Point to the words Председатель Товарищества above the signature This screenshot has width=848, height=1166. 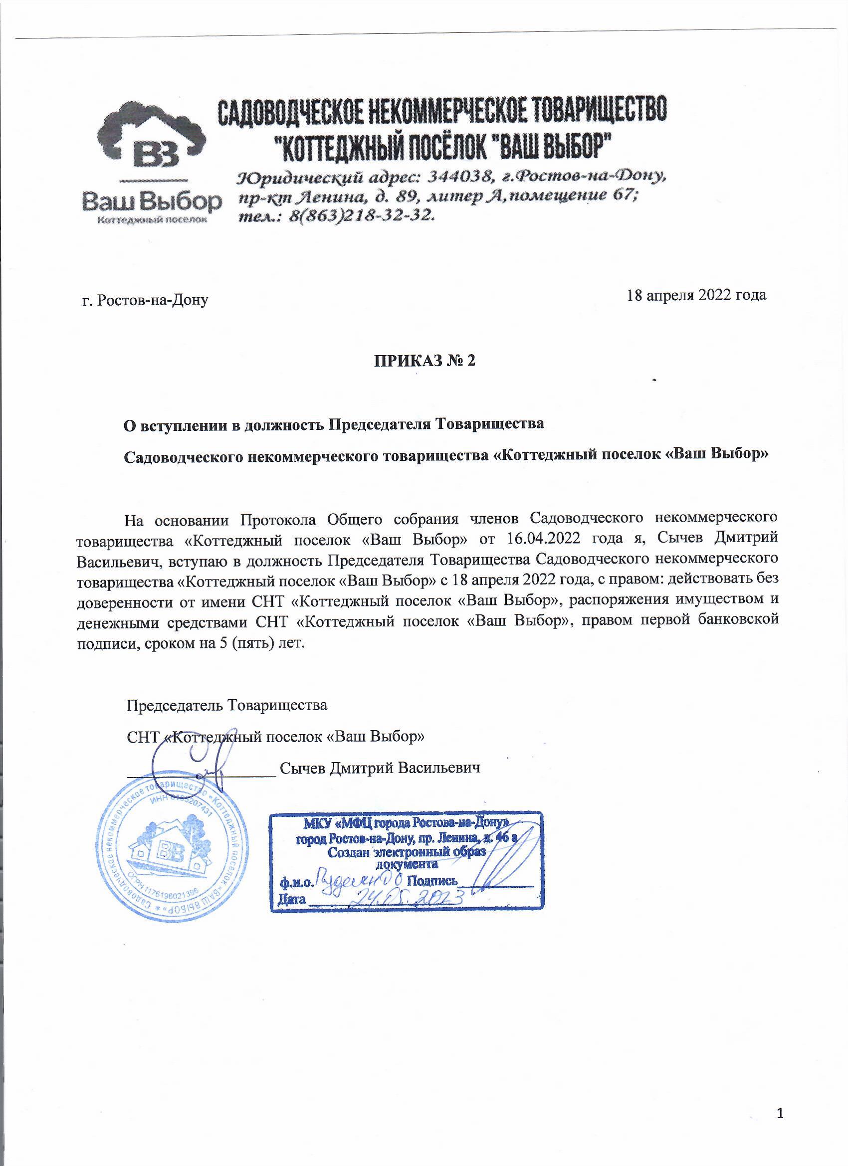pos(227,704)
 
